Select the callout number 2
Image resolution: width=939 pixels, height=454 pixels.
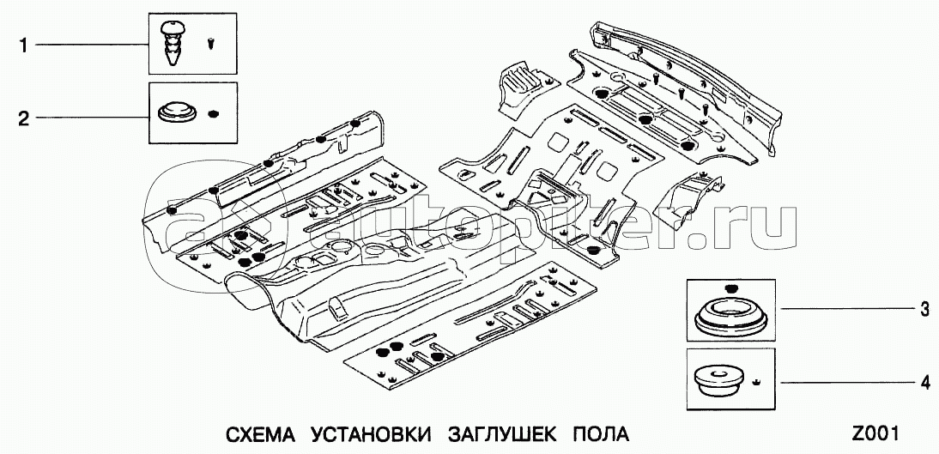click(x=23, y=118)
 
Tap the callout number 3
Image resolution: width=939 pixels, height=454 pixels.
click(x=924, y=311)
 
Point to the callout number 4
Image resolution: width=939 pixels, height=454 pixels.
click(x=924, y=384)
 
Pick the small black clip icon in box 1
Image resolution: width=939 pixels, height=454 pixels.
click(x=211, y=40)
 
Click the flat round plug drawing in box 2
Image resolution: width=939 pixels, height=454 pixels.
click(x=175, y=112)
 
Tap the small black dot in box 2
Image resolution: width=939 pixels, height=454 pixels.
click(x=215, y=112)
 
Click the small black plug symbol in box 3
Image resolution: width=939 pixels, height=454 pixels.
click(x=730, y=287)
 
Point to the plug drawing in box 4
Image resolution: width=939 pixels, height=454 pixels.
click(x=718, y=381)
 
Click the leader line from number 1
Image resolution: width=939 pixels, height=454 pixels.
click(x=90, y=45)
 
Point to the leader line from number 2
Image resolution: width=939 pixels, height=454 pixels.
click(x=90, y=118)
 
